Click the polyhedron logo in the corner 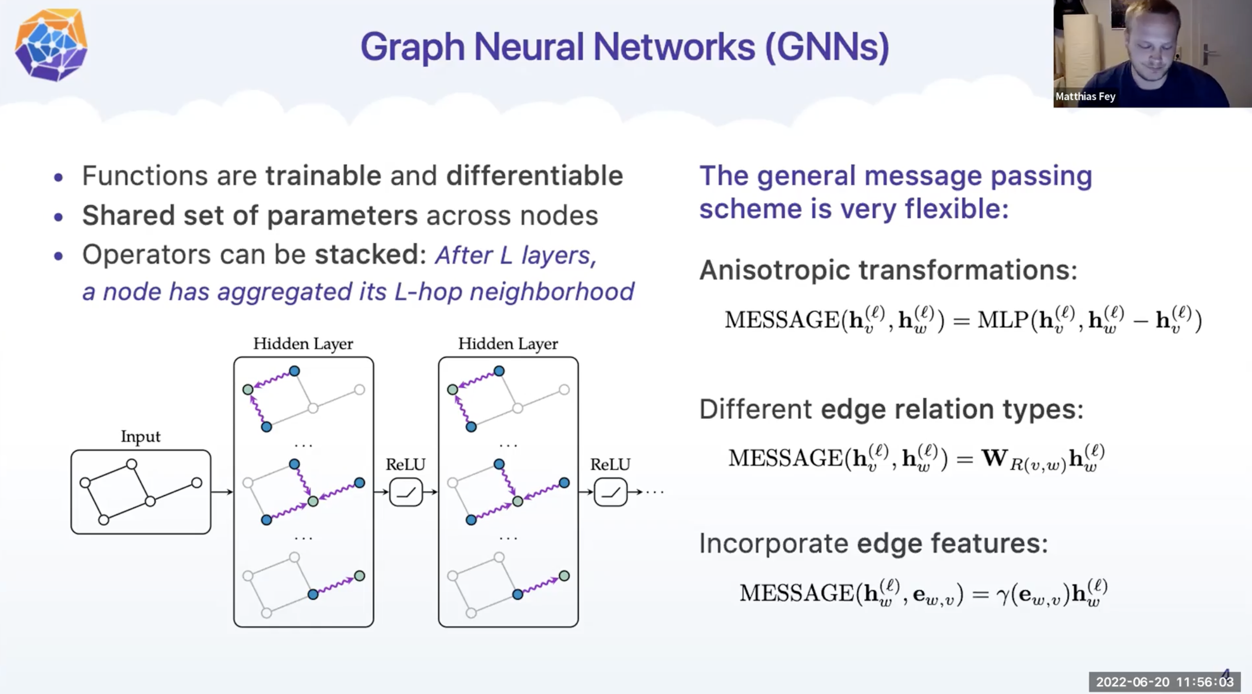(x=51, y=45)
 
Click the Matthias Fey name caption (x=1085, y=97)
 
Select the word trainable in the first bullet (x=323, y=176)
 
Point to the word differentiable (x=534, y=176)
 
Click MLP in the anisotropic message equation (x=1003, y=321)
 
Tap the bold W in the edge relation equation (x=994, y=458)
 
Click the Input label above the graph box (x=140, y=437)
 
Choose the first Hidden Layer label (x=303, y=344)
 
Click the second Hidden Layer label (x=508, y=344)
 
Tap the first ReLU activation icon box (x=406, y=492)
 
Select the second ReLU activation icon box (x=611, y=492)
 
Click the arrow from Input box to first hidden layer (x=222, y=492)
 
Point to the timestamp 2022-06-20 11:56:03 (x=1165, y=682)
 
